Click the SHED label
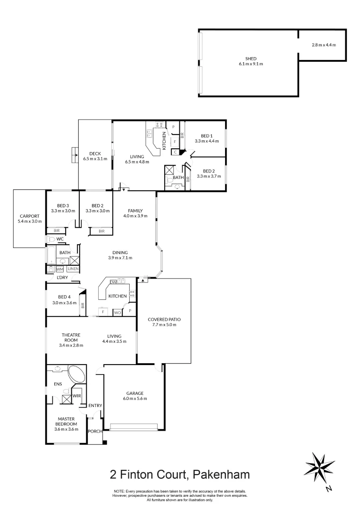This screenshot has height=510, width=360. [248, 59]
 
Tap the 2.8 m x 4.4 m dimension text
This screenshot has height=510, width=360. [323, 45]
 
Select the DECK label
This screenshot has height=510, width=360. [95, 153]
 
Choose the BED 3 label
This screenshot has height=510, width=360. [63, 205]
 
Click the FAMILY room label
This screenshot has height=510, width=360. [134, 211]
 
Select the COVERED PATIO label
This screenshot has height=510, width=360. [163, 319]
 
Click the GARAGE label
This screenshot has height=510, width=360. [134, 393]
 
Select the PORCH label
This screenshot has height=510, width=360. [95, 431]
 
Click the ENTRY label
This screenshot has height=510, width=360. [95, 405]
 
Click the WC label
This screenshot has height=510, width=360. [60, 239]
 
